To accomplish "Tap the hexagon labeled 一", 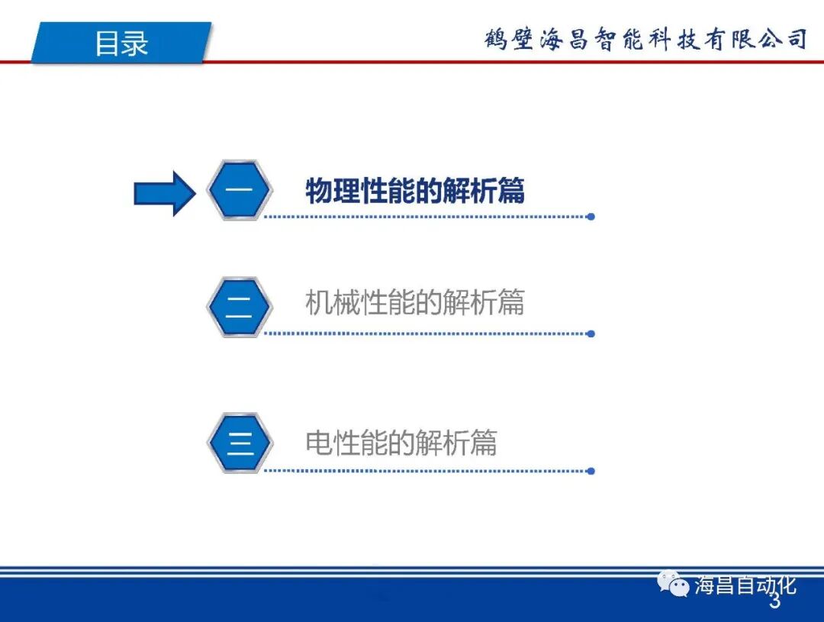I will tap(240, 191).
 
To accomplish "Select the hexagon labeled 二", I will tap(240, 307).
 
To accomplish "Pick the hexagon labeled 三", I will tap(240, 443).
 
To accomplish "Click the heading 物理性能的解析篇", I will tap(415, 191).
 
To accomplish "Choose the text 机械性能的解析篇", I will tap(415, 303).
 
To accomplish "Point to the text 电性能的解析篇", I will tap(401, 443).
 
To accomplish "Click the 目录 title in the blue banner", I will tap(121, 43).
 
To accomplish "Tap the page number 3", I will tap(774, 603).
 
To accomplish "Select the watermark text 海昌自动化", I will tap(745, 585).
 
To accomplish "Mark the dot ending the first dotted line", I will tap(591, 217).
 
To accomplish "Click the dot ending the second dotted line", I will tap(591, 334).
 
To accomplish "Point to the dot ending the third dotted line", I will tap(591, 470).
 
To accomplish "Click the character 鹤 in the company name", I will tap(495, 39).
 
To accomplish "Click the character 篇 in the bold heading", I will tap(511, 191).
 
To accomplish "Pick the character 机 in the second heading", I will tap(319, 303).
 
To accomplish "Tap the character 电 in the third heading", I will tap(319, 443).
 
